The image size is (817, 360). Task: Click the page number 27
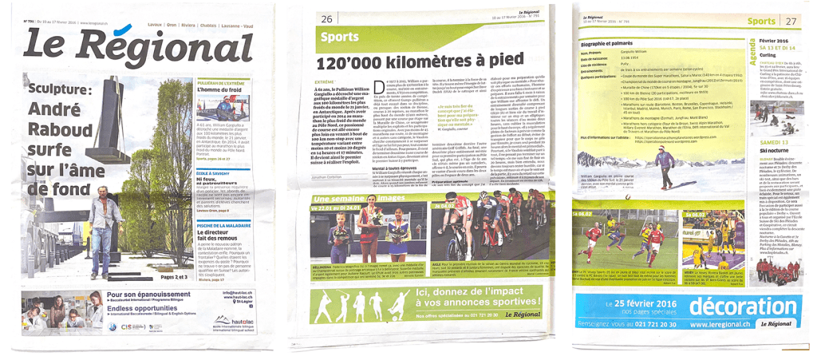[x=791, y=22]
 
